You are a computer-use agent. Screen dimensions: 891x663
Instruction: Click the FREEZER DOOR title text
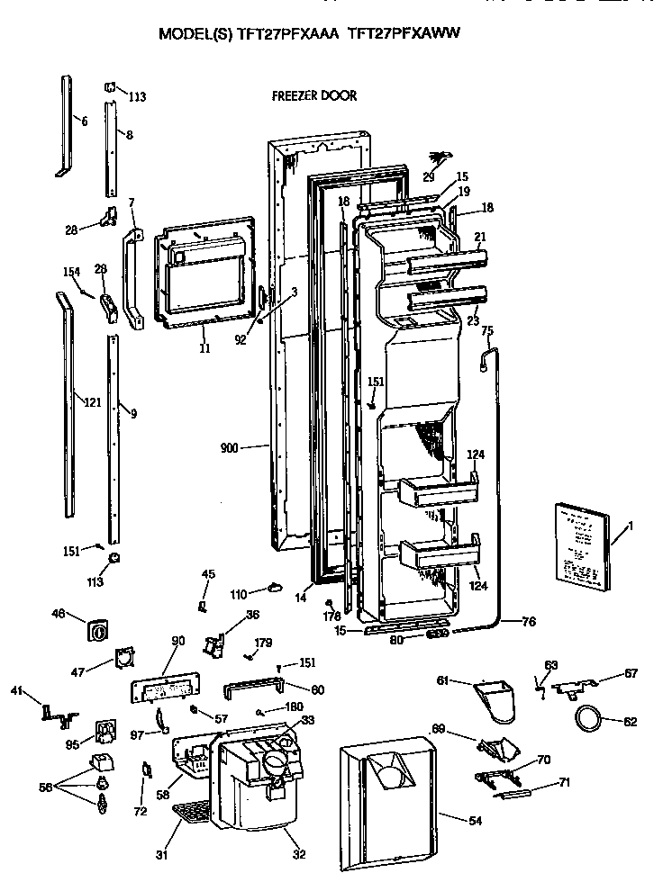click(313, 95)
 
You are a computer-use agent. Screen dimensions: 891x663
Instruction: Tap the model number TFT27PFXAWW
click(408, 33)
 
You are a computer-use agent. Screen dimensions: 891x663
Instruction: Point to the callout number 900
click(230, 446)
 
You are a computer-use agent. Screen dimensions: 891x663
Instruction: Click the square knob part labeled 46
click(96, 629)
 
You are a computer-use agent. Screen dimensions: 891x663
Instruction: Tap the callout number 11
click(204, 348)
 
